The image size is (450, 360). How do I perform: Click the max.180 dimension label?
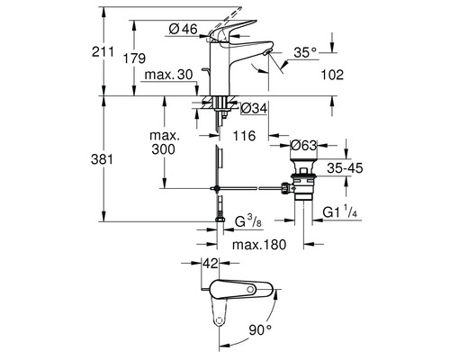pyautogui.click(x=261, y=246)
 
